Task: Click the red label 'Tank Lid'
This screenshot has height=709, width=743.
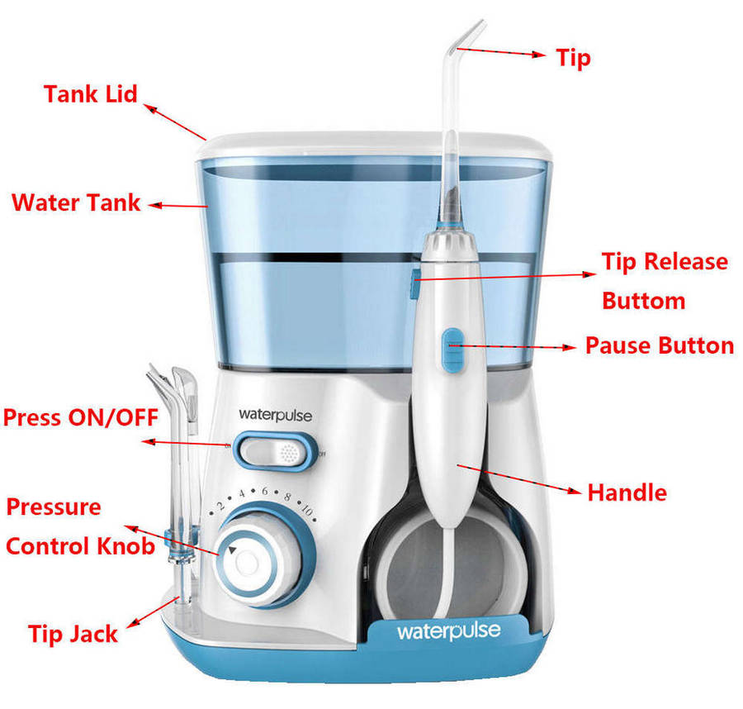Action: coord(91,94)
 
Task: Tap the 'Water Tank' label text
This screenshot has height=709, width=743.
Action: coord(76,202)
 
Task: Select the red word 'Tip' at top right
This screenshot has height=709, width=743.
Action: coord(574,59)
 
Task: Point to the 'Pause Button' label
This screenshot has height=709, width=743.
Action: coord(660,345)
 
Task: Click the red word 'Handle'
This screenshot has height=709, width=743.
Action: coord(627,492)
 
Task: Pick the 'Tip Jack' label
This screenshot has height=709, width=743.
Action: coord(73,635)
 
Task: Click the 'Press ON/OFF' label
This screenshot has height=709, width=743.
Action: coord(81,418)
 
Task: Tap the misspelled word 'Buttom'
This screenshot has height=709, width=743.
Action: coord(644,301)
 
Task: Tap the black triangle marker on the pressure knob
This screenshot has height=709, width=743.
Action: coord(232,550)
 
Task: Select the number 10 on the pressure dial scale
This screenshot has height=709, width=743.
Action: coord(308,511)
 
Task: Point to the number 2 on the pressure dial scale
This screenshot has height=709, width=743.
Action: coord(220,507)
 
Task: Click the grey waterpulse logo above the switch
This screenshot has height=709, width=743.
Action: coord(275,416)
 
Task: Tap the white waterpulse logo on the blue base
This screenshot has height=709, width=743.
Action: coord(449,631)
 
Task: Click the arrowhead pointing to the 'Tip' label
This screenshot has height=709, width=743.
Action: coord(539,55)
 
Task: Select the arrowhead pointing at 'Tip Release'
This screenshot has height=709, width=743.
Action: coord(589,274)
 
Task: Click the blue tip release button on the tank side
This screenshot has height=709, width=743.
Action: coord(415,284)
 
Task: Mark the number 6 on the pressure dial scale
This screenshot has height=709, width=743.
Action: coord(264,492)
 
